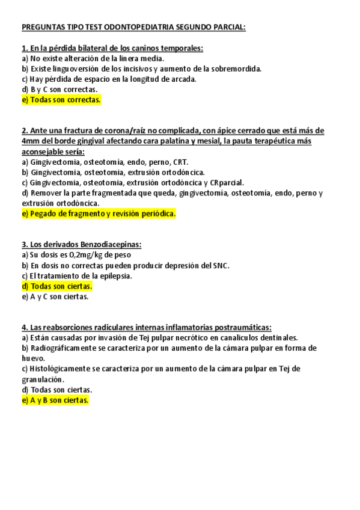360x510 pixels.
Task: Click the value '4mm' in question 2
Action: (30, 141)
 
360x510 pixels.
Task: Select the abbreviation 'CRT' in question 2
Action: (179, 162)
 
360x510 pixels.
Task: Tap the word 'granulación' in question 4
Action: (42, 379)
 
